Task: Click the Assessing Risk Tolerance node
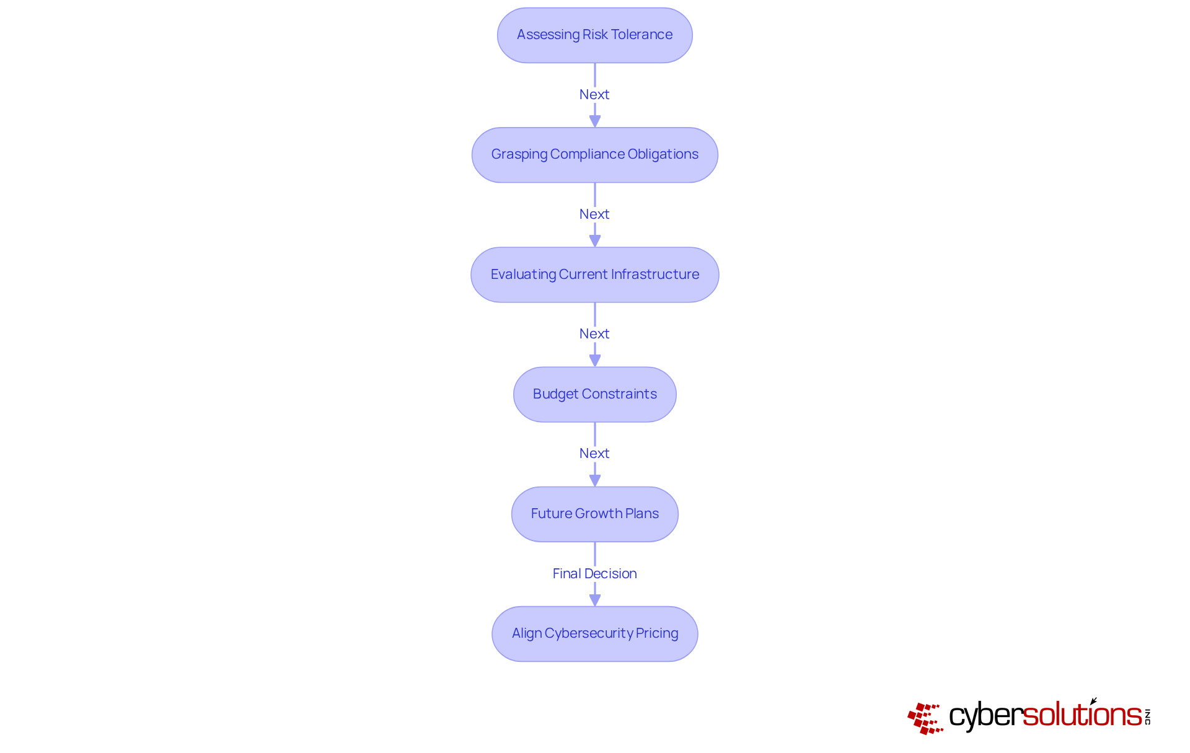tap(594, 35)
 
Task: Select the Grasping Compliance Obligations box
tap(594, 155)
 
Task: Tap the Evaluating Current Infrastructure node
tap(594, 275)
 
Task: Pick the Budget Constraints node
tap(594, 394)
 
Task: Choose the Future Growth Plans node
tap(594, 514)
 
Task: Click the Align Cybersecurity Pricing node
tap(594, 633)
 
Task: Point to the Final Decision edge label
tap(594, 573)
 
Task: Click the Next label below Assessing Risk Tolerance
tap(594, 94)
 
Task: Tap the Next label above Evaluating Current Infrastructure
tap(594, 214)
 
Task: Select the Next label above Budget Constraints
tap(594, 333)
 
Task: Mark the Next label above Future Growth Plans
tap(594, 453)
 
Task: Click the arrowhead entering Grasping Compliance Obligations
tap(595, 121)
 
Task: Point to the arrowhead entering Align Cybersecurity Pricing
tap(595, 600)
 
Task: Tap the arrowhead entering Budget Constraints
tap(595, 361)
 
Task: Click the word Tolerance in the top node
tap(641, 35)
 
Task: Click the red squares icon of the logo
tap(925, 718)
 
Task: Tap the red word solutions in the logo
tap(1082, 715)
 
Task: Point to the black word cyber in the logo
tap(985, 716)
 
